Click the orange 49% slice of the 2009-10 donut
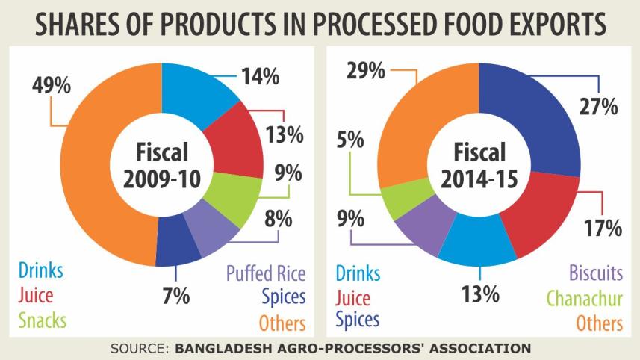[82, 172]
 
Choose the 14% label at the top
[259, 75]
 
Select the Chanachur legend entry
[584, 298]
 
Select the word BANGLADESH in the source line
[222, 348]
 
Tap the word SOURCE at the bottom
[139, 348]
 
